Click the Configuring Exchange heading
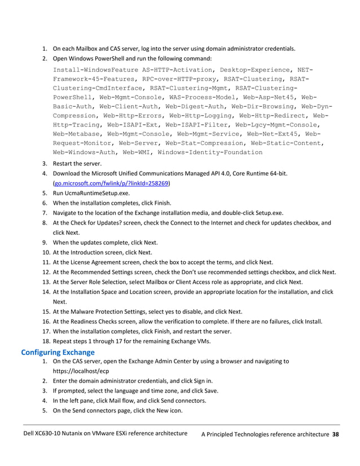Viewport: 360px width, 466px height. click(x=57, y=353)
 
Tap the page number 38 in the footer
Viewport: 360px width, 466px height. click(x=335, y=434)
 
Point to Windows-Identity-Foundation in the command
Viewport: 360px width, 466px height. click(x=210, y=152)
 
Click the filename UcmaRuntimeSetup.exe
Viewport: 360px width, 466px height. click(x=93, y=193)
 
